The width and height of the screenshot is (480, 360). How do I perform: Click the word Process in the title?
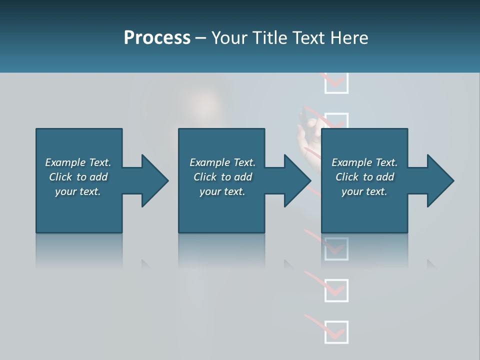coord(157,38)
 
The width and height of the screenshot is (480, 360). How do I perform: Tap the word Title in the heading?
coord(270,38)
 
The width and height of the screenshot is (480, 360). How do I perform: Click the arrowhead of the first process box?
coord(154,180)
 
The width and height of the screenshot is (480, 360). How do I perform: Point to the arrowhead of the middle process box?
coord(297,180)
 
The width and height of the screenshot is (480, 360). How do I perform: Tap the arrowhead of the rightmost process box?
coord(440,180)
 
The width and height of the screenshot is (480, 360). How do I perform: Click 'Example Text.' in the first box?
coord(78,162)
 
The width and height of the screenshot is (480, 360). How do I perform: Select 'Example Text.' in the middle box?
coord(222,162)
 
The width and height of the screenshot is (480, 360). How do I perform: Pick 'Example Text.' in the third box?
coord(364,162)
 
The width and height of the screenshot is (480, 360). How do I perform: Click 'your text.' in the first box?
coord(78,191)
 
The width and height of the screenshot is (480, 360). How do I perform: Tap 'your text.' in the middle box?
coord(222,191)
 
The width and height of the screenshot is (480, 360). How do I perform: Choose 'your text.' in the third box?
coord(364,191)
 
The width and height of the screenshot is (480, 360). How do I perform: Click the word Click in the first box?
coord(61,177)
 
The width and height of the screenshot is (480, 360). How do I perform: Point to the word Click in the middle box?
coord(205,177)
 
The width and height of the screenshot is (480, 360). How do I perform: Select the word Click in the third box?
coord(347,177)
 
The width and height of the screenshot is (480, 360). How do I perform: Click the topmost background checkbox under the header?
coord(336,83)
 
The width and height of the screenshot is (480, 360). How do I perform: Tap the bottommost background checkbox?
coord(336,332)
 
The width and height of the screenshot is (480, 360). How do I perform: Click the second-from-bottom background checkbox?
coord(336,290)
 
